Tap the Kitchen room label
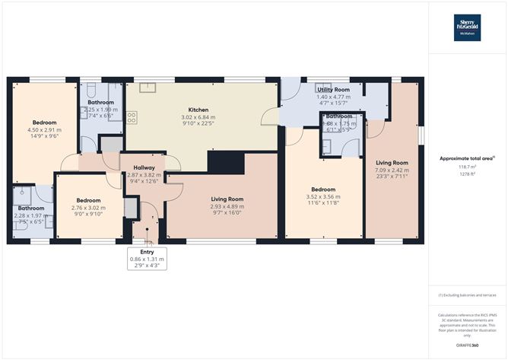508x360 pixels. pyautogui.click(x=198, y=109)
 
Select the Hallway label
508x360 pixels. pyautogui.click(x=144, y=167)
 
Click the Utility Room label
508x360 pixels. pyautogui.click(x=333, y=90)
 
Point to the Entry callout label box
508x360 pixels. pyautogui.click(x=147, y=260)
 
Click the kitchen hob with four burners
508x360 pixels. pyautogui.click(x=132, y=117)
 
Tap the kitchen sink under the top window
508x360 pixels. pyautogui.click(x=148, y=85)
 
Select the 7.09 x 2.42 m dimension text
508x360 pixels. pyautogui.click(x=392, y=170)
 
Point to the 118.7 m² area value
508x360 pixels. pyautogui.click(x=467, y=166)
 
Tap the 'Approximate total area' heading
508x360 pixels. pyautogui.click(x=467, y=158)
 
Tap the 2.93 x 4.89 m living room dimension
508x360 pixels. pyautogui.click(x=227, y=206)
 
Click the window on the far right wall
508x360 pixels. pyautogui.click(x=421, y=133)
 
